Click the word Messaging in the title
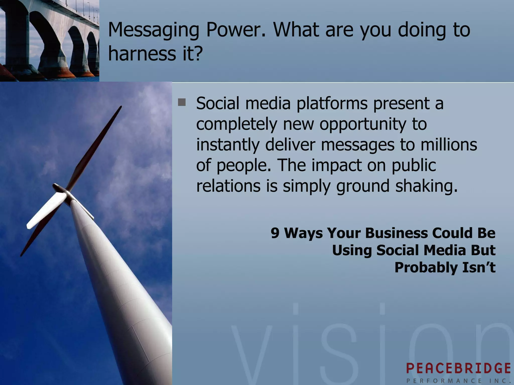(154, 30)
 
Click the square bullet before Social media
(181, 102)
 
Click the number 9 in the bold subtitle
(275, 233)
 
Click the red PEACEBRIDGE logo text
(458, 368)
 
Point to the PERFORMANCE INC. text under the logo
(458, 380)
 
